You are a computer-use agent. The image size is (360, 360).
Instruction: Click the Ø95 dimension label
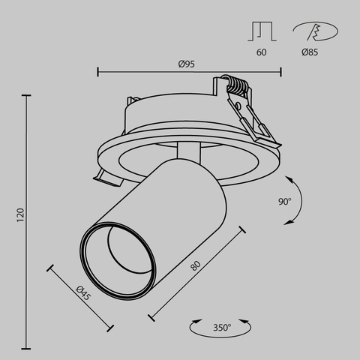(187, 64)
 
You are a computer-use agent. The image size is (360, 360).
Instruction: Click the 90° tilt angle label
(284, 201)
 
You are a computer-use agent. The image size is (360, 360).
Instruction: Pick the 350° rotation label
(221, 327)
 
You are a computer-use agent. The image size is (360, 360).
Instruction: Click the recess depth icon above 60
(261, 31)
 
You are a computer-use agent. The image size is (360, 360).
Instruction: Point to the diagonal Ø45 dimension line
(81, 297)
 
